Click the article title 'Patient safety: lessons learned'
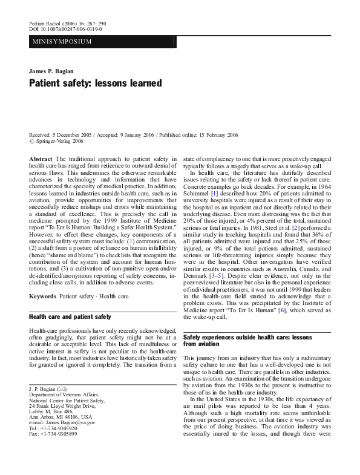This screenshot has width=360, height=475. pyautogui.click(x=96, y=83)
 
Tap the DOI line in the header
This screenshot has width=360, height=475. pyautogui.click(x=65, y=28)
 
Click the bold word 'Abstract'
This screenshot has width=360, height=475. pyautogui.click(x=41, y=157)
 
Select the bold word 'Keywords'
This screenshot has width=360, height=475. pyautogui.click(x=43, y=295)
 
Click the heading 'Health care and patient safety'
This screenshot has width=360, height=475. pyautogui.click(x=70, y=316)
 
